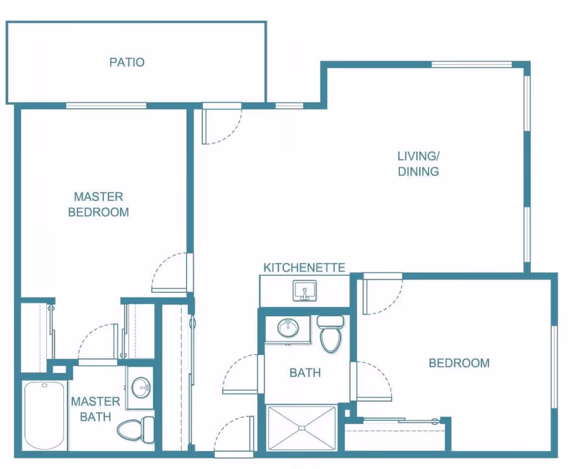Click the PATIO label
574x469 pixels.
(127, 62)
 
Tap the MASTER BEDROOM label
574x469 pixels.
(99, 204)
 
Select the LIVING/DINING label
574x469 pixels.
(419, 164)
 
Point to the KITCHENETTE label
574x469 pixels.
(305, 268)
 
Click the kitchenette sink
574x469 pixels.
(304, 292)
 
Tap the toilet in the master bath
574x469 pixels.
(136, 427)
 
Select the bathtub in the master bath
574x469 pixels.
(45, 416)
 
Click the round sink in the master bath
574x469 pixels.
(142, 387)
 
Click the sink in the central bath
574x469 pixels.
(288, 327)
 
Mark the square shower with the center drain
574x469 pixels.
(302, 428)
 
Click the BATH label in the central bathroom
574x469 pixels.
(305, 373)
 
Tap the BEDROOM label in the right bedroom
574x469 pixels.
(459, 363)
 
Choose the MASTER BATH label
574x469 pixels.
(96, 409)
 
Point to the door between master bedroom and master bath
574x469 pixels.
(99, 344)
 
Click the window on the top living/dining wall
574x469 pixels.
(472, 65)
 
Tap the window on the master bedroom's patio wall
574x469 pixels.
(106, 106)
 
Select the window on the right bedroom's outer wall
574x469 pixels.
(554, 367)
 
